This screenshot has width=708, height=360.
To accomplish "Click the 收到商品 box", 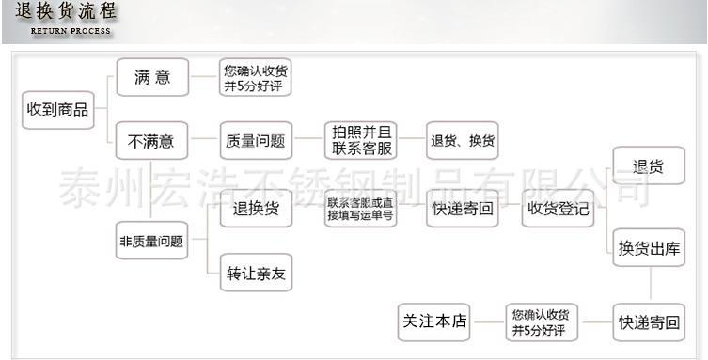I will click(57, 110).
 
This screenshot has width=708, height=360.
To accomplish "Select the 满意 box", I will click(150, 77).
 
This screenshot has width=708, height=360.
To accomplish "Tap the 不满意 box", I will click(150, 142).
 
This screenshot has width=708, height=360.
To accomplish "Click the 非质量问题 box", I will click(150, 240).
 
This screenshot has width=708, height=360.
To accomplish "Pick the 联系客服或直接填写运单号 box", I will click(361, 209).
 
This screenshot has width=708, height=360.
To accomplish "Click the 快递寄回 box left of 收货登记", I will click(463, 209).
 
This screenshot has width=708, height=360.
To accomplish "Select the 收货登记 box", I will click(558, 209).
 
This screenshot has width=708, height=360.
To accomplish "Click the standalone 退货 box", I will click(648, 167).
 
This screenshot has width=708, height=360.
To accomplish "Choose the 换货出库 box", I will click(648, 249).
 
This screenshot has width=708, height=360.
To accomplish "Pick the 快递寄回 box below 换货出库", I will click(648, 321).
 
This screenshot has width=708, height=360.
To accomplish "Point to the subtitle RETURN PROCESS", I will click(71, 31).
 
